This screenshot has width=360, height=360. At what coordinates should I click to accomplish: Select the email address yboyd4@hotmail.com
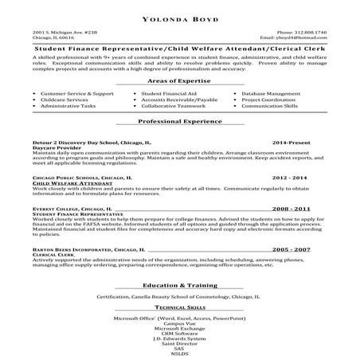(x=299, y=37)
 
